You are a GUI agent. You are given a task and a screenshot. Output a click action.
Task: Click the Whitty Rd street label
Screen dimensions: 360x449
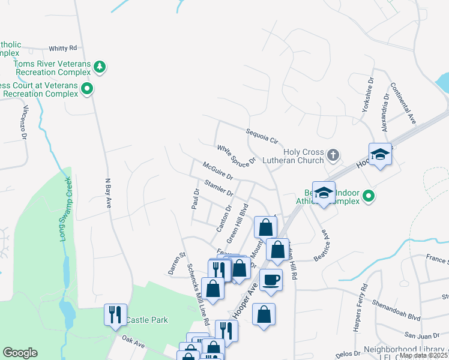click(x=63, y=48)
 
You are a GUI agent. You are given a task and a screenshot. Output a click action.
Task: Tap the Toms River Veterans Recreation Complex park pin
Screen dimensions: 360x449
click(x=100, y=67)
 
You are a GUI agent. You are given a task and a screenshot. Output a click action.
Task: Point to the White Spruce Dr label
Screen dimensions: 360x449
click(x=237, y=154)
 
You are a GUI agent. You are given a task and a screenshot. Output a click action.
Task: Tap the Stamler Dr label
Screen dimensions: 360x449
click(x=218, y=188)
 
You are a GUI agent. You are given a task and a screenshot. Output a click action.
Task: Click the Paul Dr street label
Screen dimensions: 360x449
click(x=195, y=199)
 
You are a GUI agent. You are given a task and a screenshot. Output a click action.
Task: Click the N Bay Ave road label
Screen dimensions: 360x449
click(x=109, y=193)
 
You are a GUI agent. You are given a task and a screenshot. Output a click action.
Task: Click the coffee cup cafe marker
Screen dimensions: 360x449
click(x=270, y=280)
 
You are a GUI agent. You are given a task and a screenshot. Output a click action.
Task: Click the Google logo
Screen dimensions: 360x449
click(x=20, y=353)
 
